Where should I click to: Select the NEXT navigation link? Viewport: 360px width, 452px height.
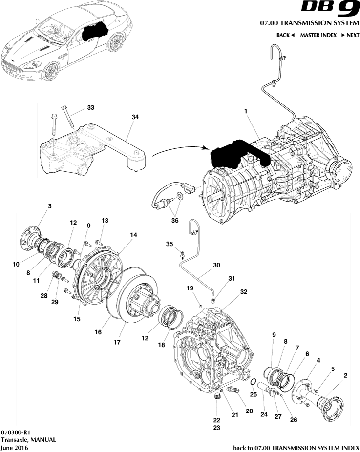[350, 35]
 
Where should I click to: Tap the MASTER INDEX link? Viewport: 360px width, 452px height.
[318, 35]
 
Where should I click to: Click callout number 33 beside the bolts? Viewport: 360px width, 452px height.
[90, 107]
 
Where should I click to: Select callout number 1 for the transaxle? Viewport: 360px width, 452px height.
[246, 112]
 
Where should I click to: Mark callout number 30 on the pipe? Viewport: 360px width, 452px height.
[216, 266]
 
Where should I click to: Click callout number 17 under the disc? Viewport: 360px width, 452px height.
[117, 342]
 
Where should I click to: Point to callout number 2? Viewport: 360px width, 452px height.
[345, 375]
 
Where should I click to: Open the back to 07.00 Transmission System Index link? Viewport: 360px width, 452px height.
[296, 447]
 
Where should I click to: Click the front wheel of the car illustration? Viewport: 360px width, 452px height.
[50, 71]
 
